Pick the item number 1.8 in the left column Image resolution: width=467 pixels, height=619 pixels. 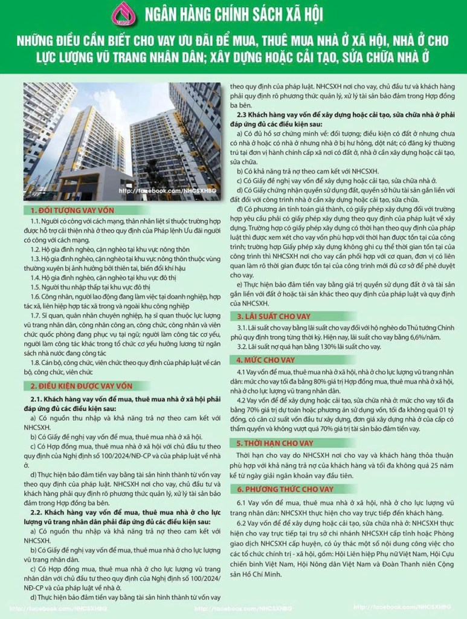[x=36, y=362]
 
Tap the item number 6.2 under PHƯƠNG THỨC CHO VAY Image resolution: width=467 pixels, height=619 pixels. [x=242, y=523]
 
